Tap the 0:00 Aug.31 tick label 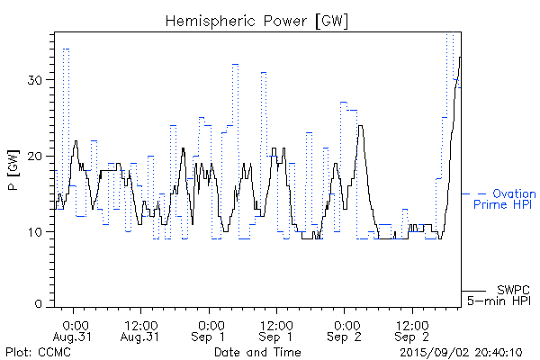tap(76, 329)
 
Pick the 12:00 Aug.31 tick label tap(141, 329)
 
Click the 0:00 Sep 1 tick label tap(210, 329)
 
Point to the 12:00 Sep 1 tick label tap(276, 329)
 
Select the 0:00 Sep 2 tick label tap(345, 329)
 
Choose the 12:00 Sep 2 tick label tap(412, 329)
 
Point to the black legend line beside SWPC tap(473, 290)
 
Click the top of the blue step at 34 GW tap(67, 49)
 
